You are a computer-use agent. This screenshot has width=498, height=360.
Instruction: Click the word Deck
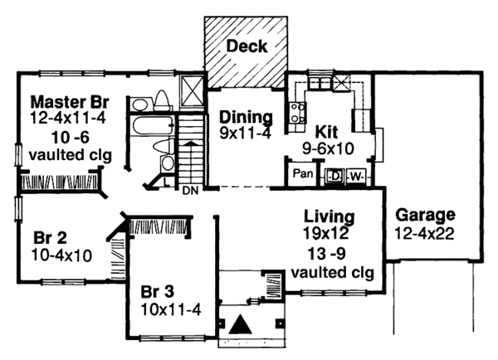(x=247, y=46)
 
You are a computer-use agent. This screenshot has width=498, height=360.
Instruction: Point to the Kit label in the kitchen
(x=325, y=131)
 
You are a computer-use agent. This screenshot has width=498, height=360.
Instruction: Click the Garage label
(x=426, y=212)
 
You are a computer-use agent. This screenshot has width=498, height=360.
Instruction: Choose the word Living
(x=330, y=216)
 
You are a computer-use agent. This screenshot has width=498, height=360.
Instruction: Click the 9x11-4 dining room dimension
(x=245, y=132)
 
